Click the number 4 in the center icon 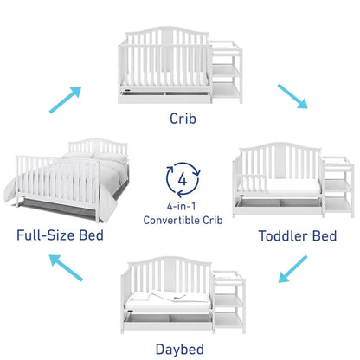click(182, 178)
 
